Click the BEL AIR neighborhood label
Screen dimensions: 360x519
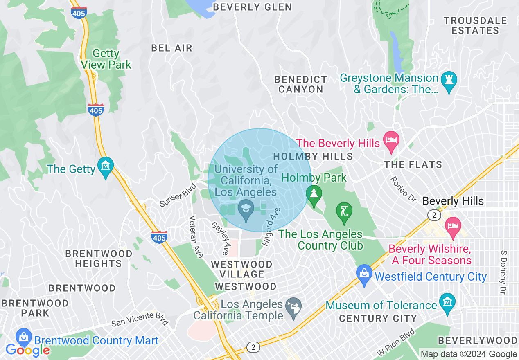pyautogui.click(x=171, y=48)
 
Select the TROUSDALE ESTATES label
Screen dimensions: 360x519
pyautogui.click(x=475, y=25)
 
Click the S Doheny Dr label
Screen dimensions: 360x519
pyautogui.click(x=503, y=272)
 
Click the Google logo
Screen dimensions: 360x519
pyautogui.click(x=27, y=350)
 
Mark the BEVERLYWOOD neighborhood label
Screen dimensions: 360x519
pyautogui.click(x=477, y=340)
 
